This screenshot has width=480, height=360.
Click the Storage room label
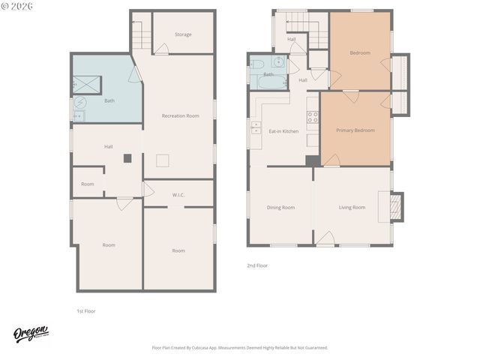pos(183,34)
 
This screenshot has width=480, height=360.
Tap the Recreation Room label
pos(180,115)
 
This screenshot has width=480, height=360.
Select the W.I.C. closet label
pos(178,195)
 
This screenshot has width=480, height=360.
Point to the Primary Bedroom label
pos(355,130)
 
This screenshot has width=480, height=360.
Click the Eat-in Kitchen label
pos(283,131)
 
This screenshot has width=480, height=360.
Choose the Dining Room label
pos(280,207)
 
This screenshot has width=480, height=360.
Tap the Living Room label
pos(352,207)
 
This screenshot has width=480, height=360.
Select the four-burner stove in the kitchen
pos(312,116)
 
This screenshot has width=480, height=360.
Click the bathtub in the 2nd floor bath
pos(268,82)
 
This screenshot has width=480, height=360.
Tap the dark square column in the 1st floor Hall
pos(127,158)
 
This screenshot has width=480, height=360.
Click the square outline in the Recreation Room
pos(163,160)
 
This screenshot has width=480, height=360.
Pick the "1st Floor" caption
pos(86,310)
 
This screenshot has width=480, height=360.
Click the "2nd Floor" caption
pos(257,265)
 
